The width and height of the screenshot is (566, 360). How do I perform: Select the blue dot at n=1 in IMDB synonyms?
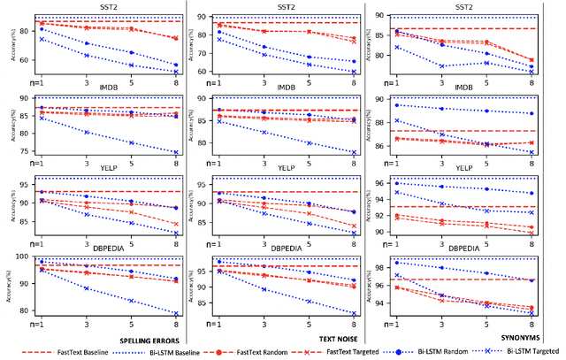[x=395, y=105]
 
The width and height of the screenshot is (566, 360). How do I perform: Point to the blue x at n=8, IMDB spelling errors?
[x=175, y=152]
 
